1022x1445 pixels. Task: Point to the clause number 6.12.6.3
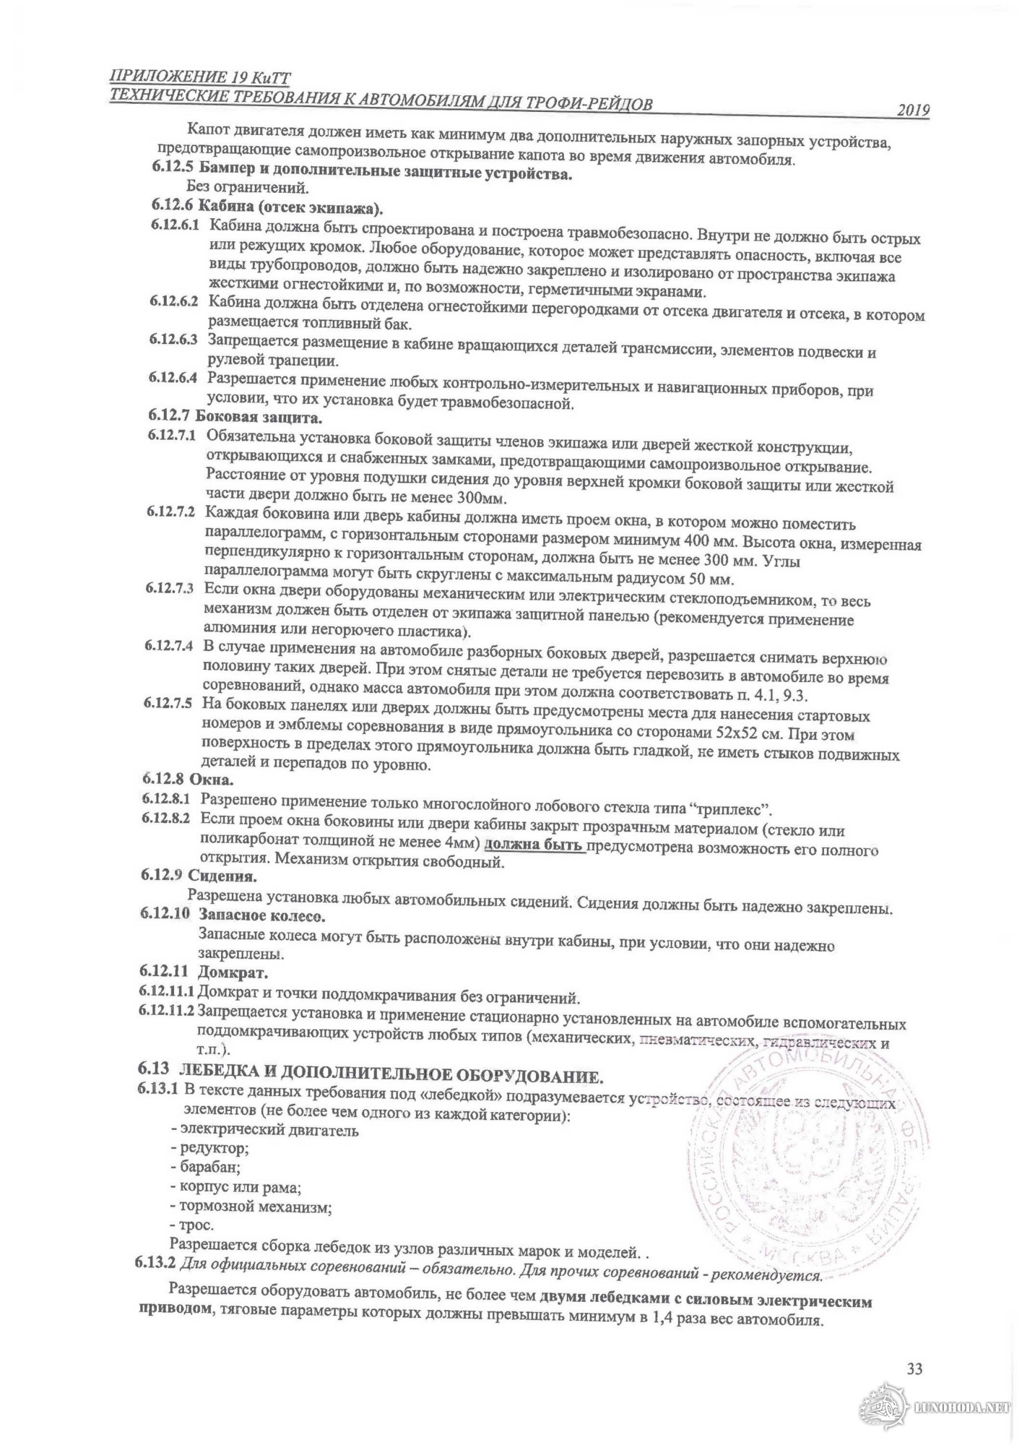click(x=174, y=339)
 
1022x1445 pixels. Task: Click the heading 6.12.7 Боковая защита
click(x=236, y=416)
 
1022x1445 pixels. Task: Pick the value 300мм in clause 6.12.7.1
click(x=483, y=499)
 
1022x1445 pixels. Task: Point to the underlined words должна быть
click(x=533, y=845)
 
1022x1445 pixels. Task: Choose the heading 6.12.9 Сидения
click(x=199, y=876)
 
